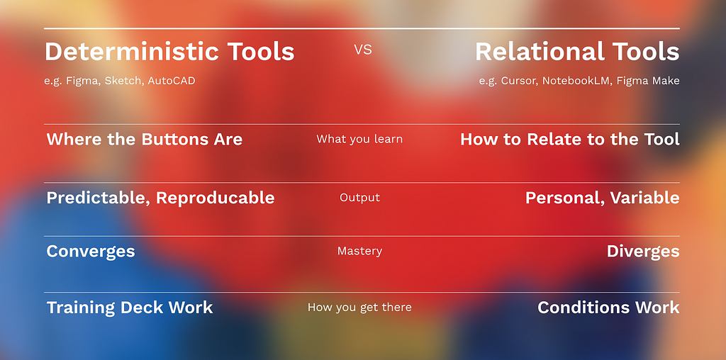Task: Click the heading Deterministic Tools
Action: [x=169, y=51]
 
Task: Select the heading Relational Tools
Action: [x=577, y=51]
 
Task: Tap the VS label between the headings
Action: [x=363, y=50]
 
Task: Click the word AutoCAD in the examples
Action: [x=172, y=81]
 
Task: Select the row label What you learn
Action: [x=359, y=139]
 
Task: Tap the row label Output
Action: [x=359, y=198]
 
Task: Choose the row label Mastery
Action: [x=359, y=251]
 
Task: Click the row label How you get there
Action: [x=359, y=308]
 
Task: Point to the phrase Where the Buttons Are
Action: [x=145, y=140]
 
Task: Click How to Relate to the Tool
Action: [x=570, y=140]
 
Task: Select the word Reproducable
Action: [x=216, y=198]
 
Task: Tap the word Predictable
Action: [x=99, y=198]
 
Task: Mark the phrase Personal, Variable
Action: [x=603, y=198]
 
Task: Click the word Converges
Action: [x=91, y=252]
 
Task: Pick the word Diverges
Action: [x=643, y=252]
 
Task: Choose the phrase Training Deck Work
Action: [x=130, y=308]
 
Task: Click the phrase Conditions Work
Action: [x=608, y=308]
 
